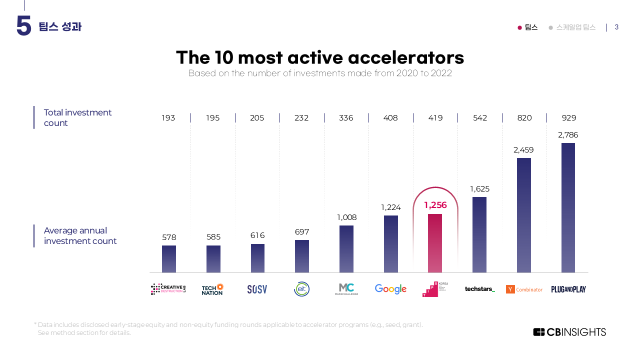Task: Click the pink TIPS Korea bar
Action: (435, 243)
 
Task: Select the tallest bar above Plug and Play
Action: (568, 207)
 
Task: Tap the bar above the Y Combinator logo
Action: (524, 215)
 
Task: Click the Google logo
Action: (390, 289)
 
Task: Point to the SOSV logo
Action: (257, 289)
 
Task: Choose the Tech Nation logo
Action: (212, 289)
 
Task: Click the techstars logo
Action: (479, 289)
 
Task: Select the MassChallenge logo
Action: (346, 289)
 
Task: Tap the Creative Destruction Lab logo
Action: (168, 289)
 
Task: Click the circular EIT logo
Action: (301, 289)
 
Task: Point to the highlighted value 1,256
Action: (435, 205)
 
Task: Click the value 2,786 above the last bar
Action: (568, 135)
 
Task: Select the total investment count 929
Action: (569, 118)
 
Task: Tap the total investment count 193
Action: (168, 118)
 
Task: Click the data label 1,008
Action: (346, 217)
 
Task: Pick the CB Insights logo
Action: (569, 332)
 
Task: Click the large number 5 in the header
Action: (23, 26)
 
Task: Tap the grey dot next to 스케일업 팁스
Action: (550, 27)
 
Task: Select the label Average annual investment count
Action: (80, 235)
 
